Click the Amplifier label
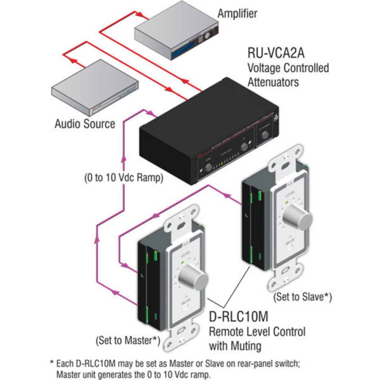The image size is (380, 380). click(237, 14)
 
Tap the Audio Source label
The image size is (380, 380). click(85, 124)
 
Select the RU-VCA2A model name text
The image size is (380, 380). click(276, 53)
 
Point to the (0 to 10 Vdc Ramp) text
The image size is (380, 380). click(123, 178)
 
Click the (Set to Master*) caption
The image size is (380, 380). click(128, 340)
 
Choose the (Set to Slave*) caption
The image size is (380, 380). click(302, 297)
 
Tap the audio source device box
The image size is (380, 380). click(95, 87)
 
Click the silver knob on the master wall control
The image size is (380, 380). click(193, 277)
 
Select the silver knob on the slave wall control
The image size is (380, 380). click(299, 216)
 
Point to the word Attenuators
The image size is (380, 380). click(273, 82)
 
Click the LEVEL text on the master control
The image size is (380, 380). click(186, 256)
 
